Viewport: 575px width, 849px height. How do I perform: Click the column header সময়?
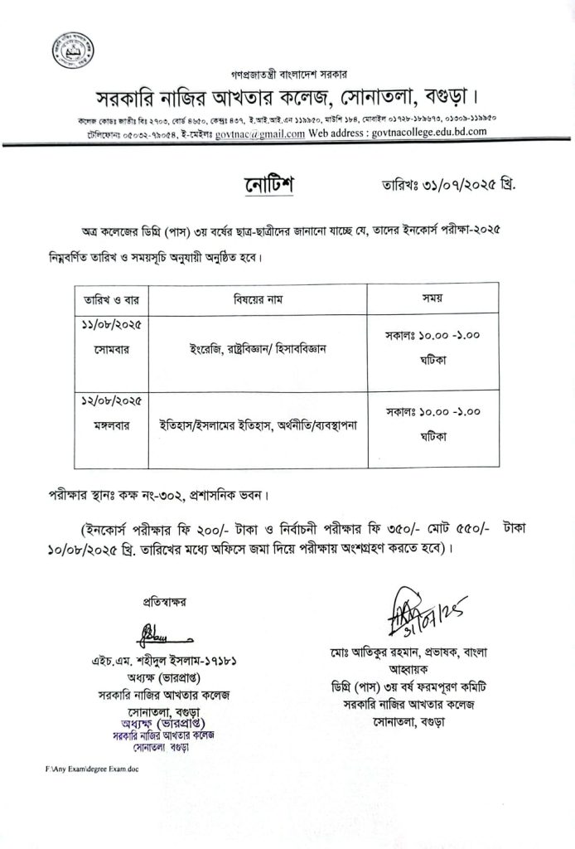click(x=432, y=297)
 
